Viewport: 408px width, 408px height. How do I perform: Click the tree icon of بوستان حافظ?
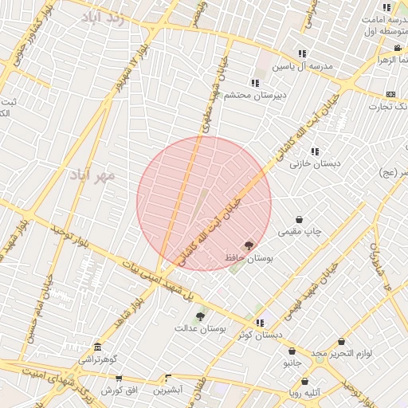pos(249,246)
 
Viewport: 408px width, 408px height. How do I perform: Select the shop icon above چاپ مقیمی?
pos(299,219)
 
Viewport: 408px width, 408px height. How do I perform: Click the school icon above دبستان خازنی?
pos(315,151)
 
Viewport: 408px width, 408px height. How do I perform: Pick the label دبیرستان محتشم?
pos(254,95)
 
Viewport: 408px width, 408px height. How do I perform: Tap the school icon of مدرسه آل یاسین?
pos(302,53)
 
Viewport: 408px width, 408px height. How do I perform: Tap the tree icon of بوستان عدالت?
pos(200,316)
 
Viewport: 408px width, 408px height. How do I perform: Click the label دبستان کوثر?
pos(260,335)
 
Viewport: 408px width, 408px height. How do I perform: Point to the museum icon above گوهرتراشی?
pos(97,347)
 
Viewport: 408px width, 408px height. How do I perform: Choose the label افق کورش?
pos(119,390)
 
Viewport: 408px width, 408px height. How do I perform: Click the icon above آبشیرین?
pos(168,379)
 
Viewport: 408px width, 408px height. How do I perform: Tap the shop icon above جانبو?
pos(292,351)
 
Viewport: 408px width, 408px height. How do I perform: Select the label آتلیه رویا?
pos(305,392)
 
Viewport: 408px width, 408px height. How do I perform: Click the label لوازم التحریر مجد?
pos(343,351)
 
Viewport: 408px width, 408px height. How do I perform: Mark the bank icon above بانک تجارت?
pos(390,94)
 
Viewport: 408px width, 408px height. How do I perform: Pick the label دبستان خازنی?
pos(315,163)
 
